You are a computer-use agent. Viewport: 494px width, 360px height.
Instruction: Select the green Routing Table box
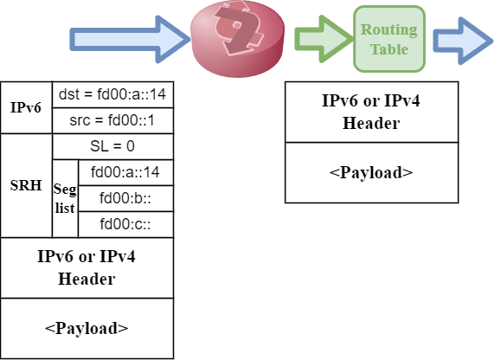click(x=388, y=39)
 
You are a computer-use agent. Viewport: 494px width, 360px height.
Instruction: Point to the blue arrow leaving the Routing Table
click(x=459, y=40)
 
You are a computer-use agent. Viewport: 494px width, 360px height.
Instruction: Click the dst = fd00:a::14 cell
click(x=112, y=94)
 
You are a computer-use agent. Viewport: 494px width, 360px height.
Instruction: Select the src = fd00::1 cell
click(x=112, y=120)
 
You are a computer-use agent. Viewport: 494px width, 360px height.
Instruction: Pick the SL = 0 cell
click(x=112, y=146)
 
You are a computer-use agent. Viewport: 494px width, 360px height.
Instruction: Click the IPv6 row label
click(x=26, y=107)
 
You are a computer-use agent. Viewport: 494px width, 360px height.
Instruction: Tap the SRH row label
click(x=26, y=185)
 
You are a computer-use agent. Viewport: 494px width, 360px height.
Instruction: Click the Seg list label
click(x=65, y=198)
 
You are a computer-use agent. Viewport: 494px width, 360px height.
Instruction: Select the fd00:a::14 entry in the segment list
click(x=125, y=172)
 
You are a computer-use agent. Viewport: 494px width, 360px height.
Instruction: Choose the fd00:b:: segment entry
click(x=125, y=198)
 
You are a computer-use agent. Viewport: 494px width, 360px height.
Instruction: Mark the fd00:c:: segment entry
click(x=125, y=224)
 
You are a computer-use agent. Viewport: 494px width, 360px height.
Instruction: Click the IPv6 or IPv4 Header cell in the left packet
click(x=87, y=267)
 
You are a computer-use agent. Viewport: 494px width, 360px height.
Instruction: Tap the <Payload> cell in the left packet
click(x=87, y=328)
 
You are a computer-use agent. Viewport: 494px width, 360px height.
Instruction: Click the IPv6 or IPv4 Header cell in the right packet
click(x=371, y=111)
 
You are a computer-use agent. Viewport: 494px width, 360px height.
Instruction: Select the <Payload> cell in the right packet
click(x=371, y=171)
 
